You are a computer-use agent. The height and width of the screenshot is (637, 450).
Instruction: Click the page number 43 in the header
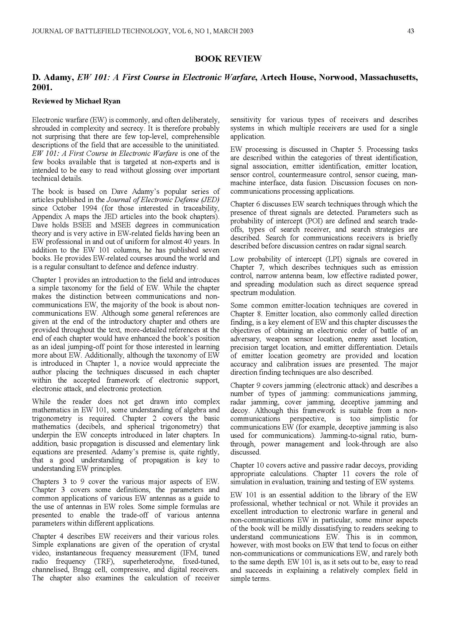pos(411,31)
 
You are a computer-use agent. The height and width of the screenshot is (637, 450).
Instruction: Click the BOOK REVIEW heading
pos(228,59)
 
